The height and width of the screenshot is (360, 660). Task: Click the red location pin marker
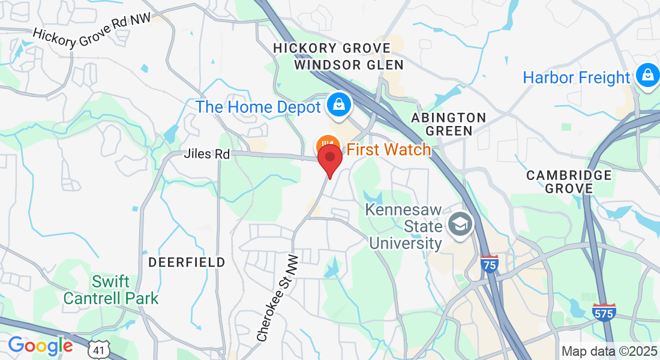pyautogui.click(x=329, y=159)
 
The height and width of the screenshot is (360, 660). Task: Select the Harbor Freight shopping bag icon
pyautogui.click(x=647, y=76)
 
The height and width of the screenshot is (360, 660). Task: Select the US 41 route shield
pyautogui.click(x=98, y=348)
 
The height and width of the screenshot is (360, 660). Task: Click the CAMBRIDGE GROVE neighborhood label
pyautogui.click(x=569, y=181)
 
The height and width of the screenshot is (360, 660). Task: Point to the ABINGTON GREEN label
pyautogui.click(x=449, y=124)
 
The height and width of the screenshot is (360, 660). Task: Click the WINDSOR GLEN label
pyautogui.click(x=349, y=64)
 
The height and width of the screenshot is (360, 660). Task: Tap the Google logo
pyautogui.click(x=40, y=346)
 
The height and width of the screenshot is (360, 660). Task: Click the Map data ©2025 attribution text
pyautogui.click(x=608, y=351)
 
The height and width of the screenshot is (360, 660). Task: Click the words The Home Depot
pyautogui.click(x=258, y=107)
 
